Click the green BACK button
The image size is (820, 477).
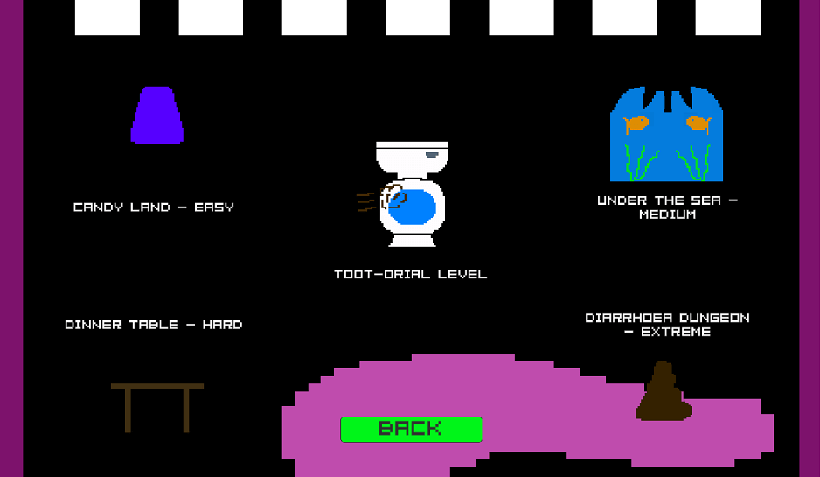(x=411, y=429)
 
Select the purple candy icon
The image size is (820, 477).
(x=157, y=115)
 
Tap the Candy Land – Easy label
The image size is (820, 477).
(x=154, y=207)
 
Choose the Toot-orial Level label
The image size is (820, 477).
(x=410, y=274)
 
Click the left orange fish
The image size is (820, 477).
(x=636, y=123)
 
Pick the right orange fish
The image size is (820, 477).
(x=698, y=123)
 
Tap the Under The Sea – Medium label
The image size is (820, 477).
(x=667, y=207)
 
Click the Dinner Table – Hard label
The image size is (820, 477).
(x=154, y=325)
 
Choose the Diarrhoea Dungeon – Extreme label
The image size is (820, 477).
(x=667, y=324)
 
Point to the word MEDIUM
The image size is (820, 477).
(x=667, y=214)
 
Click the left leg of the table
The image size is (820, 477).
(x=129, y=410)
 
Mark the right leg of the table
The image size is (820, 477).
(x=186, y=410)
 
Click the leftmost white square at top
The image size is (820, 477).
(x=108, y=18)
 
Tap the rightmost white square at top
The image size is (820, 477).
(x=728, y=18)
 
